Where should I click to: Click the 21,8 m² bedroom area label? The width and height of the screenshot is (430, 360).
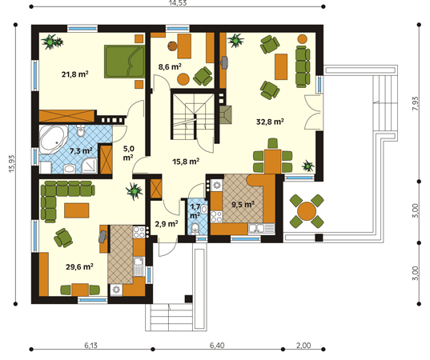pos(74,74)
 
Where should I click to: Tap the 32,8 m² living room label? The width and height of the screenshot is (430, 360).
pos(270,122)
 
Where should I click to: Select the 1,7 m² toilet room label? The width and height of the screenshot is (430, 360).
pos(195,211)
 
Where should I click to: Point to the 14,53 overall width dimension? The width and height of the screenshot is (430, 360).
pos(178,3)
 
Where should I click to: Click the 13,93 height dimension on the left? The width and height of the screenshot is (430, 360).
pos(12,163)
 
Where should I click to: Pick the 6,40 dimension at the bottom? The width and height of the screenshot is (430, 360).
pos(217,346)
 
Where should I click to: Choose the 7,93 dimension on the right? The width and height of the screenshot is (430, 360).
pos(416,103)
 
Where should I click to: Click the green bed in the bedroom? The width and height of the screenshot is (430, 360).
pos(124,62)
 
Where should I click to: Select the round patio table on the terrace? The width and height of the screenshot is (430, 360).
pos(307,211)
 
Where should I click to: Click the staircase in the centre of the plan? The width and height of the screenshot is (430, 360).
pos(193,117)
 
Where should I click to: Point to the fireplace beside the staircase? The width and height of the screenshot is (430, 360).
pos(226,114)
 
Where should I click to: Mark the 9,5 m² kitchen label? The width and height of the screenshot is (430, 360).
pos(243,204)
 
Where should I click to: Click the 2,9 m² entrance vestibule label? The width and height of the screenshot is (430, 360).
pos(167,224)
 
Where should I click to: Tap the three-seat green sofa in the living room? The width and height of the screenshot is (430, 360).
pos(303,67)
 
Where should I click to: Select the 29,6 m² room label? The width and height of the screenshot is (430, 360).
pos(79,266)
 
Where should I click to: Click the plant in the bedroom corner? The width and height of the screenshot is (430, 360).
pos(52,42)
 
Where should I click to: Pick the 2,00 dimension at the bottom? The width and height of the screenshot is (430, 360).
pos(303,346)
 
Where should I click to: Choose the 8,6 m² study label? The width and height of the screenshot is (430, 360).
pos(170,66)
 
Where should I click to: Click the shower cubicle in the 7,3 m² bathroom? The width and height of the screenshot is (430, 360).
pos(90,166)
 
